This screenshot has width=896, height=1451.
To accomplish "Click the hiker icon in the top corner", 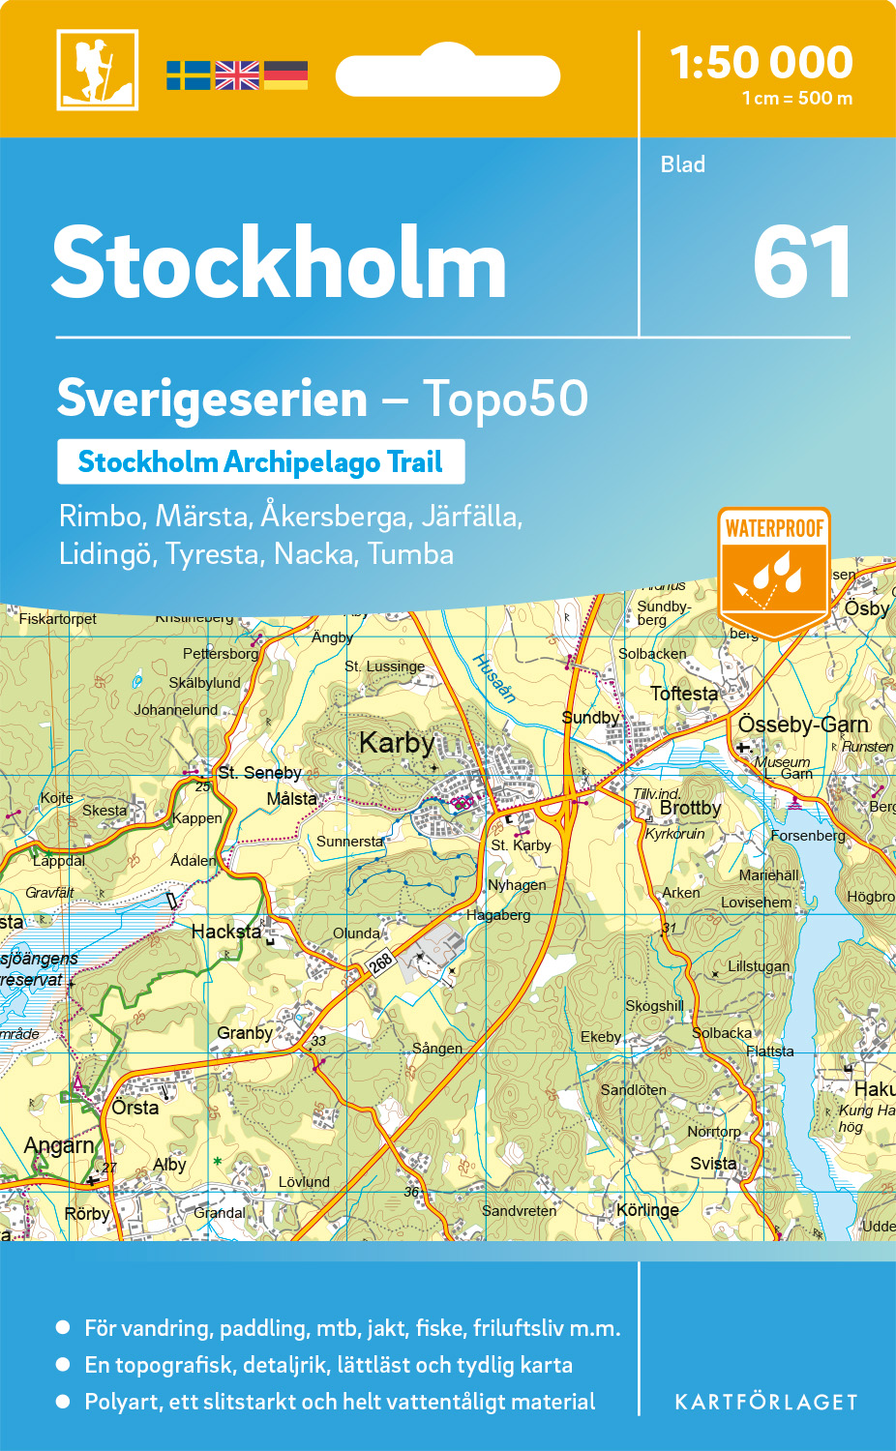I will pos(98,70).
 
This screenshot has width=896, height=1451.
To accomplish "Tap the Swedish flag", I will pos(188,75).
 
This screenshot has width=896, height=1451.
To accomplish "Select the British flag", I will pos(237,75).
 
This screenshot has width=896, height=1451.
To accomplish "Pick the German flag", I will pos(285,75).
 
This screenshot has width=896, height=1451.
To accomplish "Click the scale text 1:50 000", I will pos(762,63).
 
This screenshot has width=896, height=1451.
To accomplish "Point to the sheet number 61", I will pos(802,263).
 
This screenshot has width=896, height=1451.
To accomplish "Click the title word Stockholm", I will pos(280,263).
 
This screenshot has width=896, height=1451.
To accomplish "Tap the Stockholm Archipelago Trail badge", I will pos(260,462).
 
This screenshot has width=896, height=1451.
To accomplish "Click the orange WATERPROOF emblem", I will pos(774,571).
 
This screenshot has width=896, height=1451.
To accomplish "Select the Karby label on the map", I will pos(397,743).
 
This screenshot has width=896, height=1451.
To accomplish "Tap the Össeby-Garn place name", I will pos(803,725).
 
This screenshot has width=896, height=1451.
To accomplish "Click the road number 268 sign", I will pos(381,962).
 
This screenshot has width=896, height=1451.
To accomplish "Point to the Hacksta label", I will pos(226,932).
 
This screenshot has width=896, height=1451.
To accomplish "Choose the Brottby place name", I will pos(690,808).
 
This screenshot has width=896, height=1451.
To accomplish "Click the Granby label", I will pos(245,1033).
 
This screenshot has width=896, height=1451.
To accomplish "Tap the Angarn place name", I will pos(59,1146).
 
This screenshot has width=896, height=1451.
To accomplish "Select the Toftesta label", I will pos(684,694).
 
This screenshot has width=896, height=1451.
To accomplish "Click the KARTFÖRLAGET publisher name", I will pos(766,1403).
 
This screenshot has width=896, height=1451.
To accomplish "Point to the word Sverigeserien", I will pos(213,399).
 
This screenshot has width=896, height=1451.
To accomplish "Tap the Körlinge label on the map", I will pos(647,1210).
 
